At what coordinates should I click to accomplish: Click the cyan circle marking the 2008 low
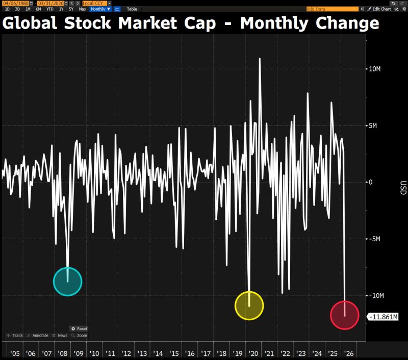(67, 281)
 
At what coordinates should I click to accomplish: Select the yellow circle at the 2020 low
(249, 305)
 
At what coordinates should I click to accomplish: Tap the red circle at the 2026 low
(345, 315)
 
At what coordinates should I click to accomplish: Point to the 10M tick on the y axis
(375, 69)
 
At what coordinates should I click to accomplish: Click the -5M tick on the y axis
(375, 239)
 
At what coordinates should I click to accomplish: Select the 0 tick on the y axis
(371, 182)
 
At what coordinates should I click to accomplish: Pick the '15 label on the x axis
(174, 353)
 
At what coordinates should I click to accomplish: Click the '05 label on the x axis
(15, 353)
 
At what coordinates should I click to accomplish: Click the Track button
(15, 336)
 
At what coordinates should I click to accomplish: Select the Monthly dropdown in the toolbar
(100, 9)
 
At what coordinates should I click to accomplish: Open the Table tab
(132, 9)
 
